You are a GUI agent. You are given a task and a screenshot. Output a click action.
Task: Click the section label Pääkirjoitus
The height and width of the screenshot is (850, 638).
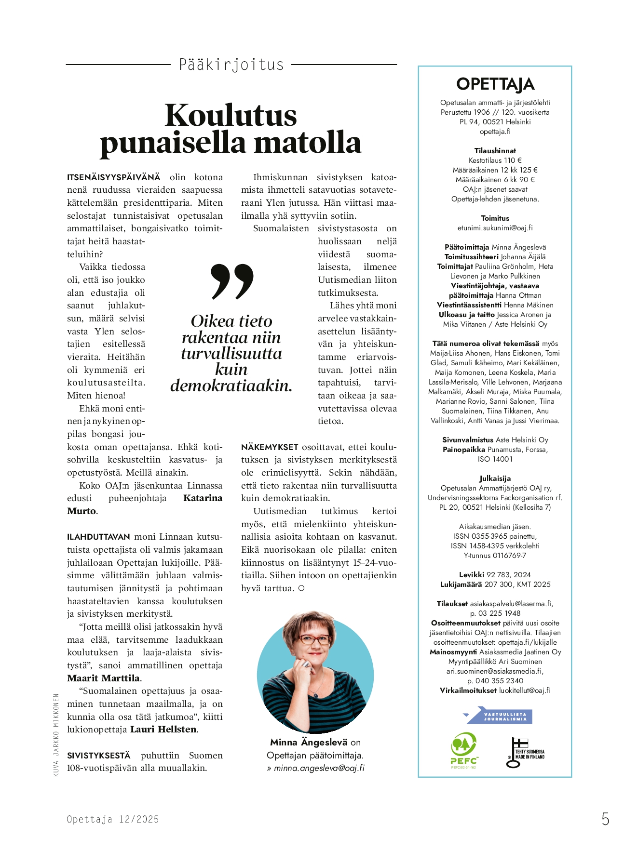[x=231, y=65]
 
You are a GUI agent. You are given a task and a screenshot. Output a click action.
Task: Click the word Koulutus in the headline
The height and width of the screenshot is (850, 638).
[x=231, y=116]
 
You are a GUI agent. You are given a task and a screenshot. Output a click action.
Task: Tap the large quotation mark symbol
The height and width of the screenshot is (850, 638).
[x=232, y=281]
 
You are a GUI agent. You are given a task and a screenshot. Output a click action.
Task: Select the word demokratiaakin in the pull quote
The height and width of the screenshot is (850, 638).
[x=231, y=385]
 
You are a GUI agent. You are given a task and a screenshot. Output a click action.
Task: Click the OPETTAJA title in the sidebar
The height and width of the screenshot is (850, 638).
[x=495, y=84]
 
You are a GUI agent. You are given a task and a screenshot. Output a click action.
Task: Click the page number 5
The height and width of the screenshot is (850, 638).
[x=605, y=819]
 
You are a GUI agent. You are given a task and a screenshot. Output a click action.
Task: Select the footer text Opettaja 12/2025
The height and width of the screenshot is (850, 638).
[x=113, y=819]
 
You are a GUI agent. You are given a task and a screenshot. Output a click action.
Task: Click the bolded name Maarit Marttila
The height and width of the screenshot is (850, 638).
[x=104, y=678]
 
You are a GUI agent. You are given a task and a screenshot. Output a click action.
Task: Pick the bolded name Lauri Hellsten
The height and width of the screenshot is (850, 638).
[x=163, y=730]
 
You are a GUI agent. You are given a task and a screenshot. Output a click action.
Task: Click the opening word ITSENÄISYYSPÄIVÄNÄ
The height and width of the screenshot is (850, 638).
[x=114, y=177]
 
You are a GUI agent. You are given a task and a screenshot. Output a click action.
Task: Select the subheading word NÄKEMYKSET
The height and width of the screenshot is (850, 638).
[x=270, y=447]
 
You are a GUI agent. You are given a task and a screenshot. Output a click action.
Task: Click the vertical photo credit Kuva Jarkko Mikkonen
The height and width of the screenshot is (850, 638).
[x=56, y=735]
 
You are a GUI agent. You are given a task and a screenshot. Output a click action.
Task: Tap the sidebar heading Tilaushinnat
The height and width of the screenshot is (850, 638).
[x=495, y=151]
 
